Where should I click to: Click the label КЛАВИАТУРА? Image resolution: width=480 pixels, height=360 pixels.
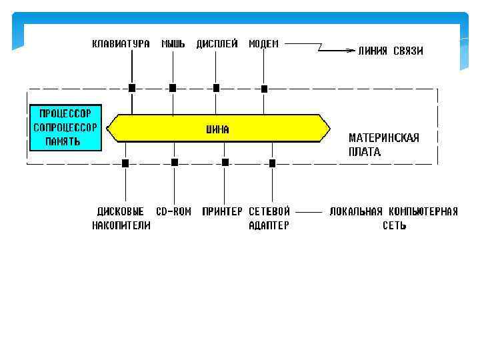[121, 44]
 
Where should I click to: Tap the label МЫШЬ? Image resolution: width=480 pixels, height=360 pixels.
[173, 44]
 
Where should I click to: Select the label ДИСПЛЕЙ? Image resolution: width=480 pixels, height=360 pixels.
[217, 44]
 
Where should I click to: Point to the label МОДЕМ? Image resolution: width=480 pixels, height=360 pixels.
[264, 44]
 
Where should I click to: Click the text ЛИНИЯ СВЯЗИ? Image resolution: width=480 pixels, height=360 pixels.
[391, 51]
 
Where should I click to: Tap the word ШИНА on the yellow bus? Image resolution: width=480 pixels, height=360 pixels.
[217, 130]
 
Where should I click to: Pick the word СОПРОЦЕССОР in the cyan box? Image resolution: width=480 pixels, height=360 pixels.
[65, 126]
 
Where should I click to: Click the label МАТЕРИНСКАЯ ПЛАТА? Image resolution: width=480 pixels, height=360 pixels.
[383, 145]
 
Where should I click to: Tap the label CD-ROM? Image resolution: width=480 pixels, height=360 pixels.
[174, 211]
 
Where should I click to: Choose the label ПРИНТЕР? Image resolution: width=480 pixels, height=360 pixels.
[222, 211]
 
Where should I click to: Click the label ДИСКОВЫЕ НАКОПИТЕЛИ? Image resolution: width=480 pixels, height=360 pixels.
[121, 218]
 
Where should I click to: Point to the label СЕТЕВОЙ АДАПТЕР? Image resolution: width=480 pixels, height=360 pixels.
[269, 218]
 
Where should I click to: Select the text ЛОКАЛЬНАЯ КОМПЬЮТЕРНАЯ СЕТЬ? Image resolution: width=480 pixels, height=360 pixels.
[393, 218]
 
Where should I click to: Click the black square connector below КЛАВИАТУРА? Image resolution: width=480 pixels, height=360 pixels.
[132, 87]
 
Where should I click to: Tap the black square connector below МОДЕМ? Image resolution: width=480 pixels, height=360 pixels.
[264, 88]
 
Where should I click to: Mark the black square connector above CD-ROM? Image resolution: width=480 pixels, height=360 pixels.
[175, 162]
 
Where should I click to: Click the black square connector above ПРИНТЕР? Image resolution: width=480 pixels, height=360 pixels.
[225, 162]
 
